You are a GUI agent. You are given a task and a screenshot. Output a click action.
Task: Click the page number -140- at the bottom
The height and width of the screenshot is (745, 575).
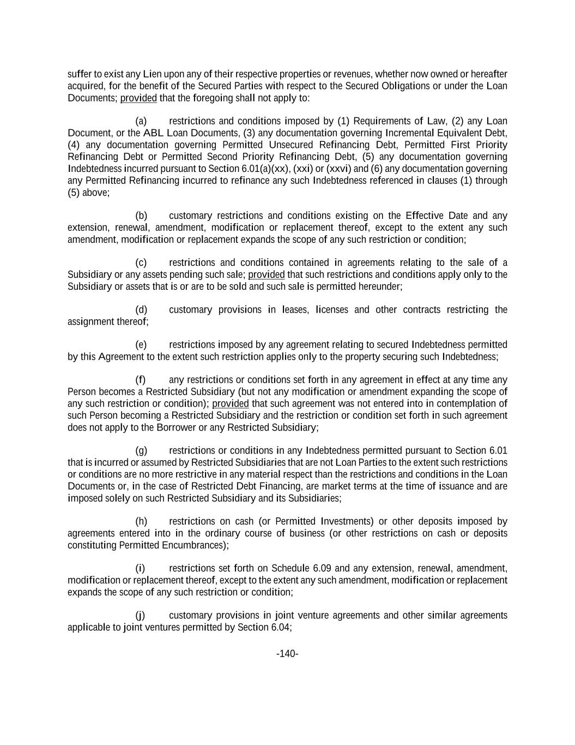(287, 654)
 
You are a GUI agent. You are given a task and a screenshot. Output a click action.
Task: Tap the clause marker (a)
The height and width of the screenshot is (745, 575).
(141, 121)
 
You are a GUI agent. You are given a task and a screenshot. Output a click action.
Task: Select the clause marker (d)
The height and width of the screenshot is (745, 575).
(141, 310)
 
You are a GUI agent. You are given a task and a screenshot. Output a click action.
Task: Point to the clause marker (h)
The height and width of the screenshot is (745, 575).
(141, 522)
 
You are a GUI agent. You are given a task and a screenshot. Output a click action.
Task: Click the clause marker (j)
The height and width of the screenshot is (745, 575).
(140, 616)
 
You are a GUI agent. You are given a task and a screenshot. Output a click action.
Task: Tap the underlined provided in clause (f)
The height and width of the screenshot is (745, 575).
(231, 404)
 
